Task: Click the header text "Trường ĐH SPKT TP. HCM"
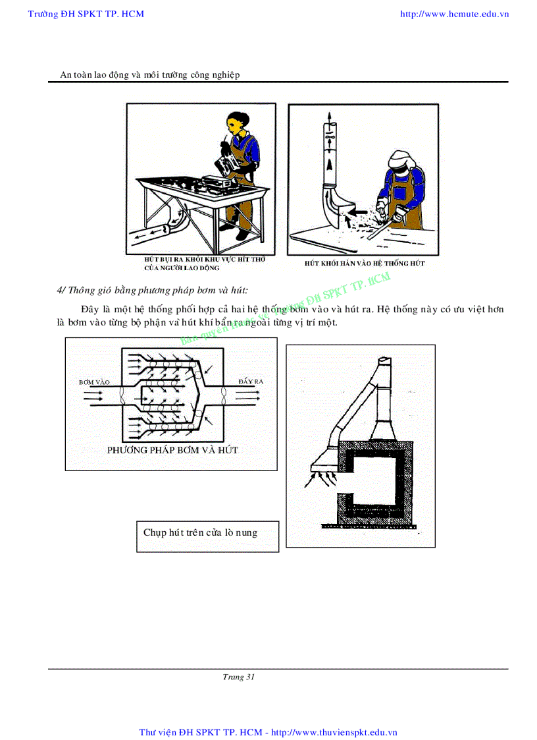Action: [x=86, y=14]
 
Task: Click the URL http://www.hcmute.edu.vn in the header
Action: [x=454, y=14]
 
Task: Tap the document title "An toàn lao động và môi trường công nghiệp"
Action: [x=150, y=74]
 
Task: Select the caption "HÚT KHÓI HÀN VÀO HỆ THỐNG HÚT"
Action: [x=364, y=263]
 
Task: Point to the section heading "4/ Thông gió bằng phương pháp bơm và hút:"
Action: [x=153, y=290]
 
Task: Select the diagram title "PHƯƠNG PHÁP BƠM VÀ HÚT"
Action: [x=172, y=450]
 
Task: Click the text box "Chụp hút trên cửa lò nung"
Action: [x=200, y=532]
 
